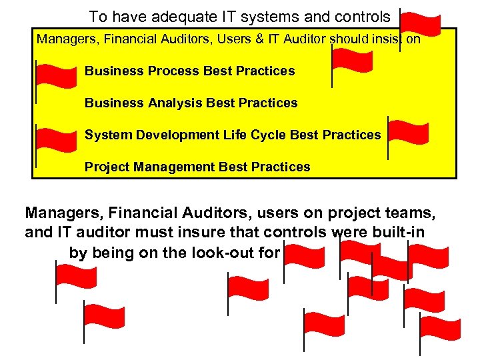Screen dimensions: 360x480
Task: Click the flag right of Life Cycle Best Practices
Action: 409,133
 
